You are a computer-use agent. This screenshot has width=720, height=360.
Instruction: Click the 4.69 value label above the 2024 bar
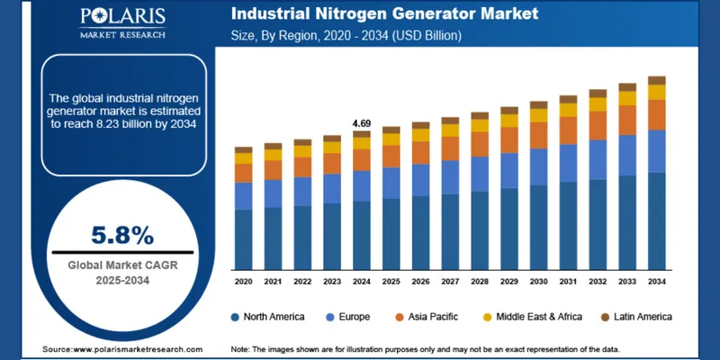click(x=361, y=122)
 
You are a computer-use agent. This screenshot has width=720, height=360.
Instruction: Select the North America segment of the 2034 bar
click(x=657, y=220)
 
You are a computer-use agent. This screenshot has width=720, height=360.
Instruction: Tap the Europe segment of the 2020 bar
click(x=243, y=195)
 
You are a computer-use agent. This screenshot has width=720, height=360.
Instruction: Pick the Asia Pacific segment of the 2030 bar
click(x=538, y=135)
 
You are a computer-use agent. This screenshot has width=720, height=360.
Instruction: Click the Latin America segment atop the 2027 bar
click(x=450, y=121)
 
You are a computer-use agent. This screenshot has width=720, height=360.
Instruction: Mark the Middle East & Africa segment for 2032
click(x=598, y=104)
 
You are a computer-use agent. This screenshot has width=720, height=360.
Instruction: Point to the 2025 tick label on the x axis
click(x=391, y=282)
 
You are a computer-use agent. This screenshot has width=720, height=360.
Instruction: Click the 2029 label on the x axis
click(x=508, y=282)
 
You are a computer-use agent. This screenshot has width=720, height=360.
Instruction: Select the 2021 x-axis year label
click(x=273, y=282)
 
